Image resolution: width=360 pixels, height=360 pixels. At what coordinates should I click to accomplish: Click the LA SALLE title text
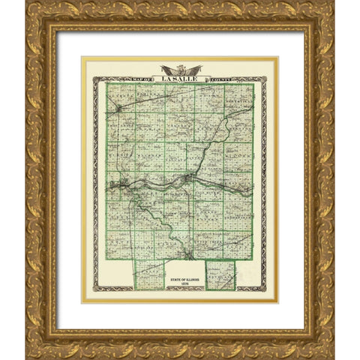tap(179, 76)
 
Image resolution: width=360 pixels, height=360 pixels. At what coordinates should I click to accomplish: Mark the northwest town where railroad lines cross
tap(119, 109)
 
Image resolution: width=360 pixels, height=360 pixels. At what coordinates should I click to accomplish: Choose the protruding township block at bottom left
tap(149, 273)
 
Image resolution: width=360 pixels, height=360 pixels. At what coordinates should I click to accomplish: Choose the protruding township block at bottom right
tap(220, 274)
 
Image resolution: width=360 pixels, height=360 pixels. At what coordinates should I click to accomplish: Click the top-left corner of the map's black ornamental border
tap(94, 76)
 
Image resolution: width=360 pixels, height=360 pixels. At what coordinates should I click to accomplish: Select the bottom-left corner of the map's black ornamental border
tap(94, 290)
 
